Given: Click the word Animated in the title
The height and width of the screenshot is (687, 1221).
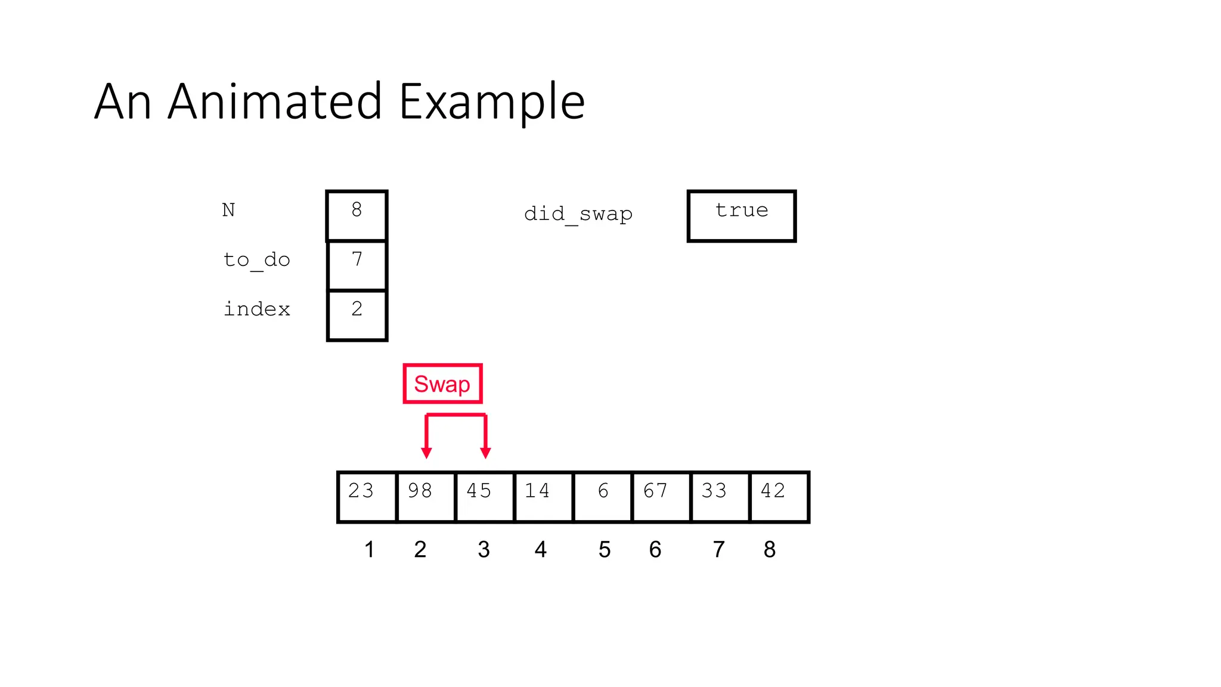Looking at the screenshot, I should tap(283, 101).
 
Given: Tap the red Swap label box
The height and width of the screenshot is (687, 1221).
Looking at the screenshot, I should tap(442, 384).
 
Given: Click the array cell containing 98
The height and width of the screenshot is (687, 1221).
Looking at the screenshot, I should tap(426, 497).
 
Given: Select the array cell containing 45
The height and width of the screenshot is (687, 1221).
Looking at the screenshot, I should tap(484, 497).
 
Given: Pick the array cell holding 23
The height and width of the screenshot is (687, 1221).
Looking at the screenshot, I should tap(367, 497).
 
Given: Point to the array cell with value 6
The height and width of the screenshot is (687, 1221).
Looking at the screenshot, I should tap(602, 497).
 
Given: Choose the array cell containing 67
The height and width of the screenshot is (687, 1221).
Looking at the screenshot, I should tap(661, 497).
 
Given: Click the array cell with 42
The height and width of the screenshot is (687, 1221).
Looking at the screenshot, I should tap(779, 497).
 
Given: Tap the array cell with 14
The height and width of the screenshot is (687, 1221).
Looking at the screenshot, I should tap(543, 497).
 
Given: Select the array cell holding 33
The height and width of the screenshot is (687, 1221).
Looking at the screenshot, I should tap(720, 497).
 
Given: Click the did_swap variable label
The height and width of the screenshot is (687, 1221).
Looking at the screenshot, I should tap(578, 213).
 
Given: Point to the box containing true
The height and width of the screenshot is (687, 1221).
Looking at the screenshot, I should tap(742, 216).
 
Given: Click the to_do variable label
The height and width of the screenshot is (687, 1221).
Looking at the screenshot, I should tap(256, 260).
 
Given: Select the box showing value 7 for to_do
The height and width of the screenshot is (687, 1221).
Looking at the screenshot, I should tap(357, 265).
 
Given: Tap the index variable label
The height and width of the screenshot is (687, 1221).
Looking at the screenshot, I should tap(256, 309).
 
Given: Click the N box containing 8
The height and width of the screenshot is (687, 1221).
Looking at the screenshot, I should tap(357, 215).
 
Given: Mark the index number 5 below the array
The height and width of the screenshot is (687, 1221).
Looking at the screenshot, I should tap(605, 549).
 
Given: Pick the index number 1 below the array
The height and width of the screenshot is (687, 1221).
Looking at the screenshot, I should tap(370, 549).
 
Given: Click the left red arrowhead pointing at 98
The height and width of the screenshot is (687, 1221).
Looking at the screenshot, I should tap(426, 453).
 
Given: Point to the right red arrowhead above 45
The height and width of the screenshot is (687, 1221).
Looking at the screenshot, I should tap(486, 453).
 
